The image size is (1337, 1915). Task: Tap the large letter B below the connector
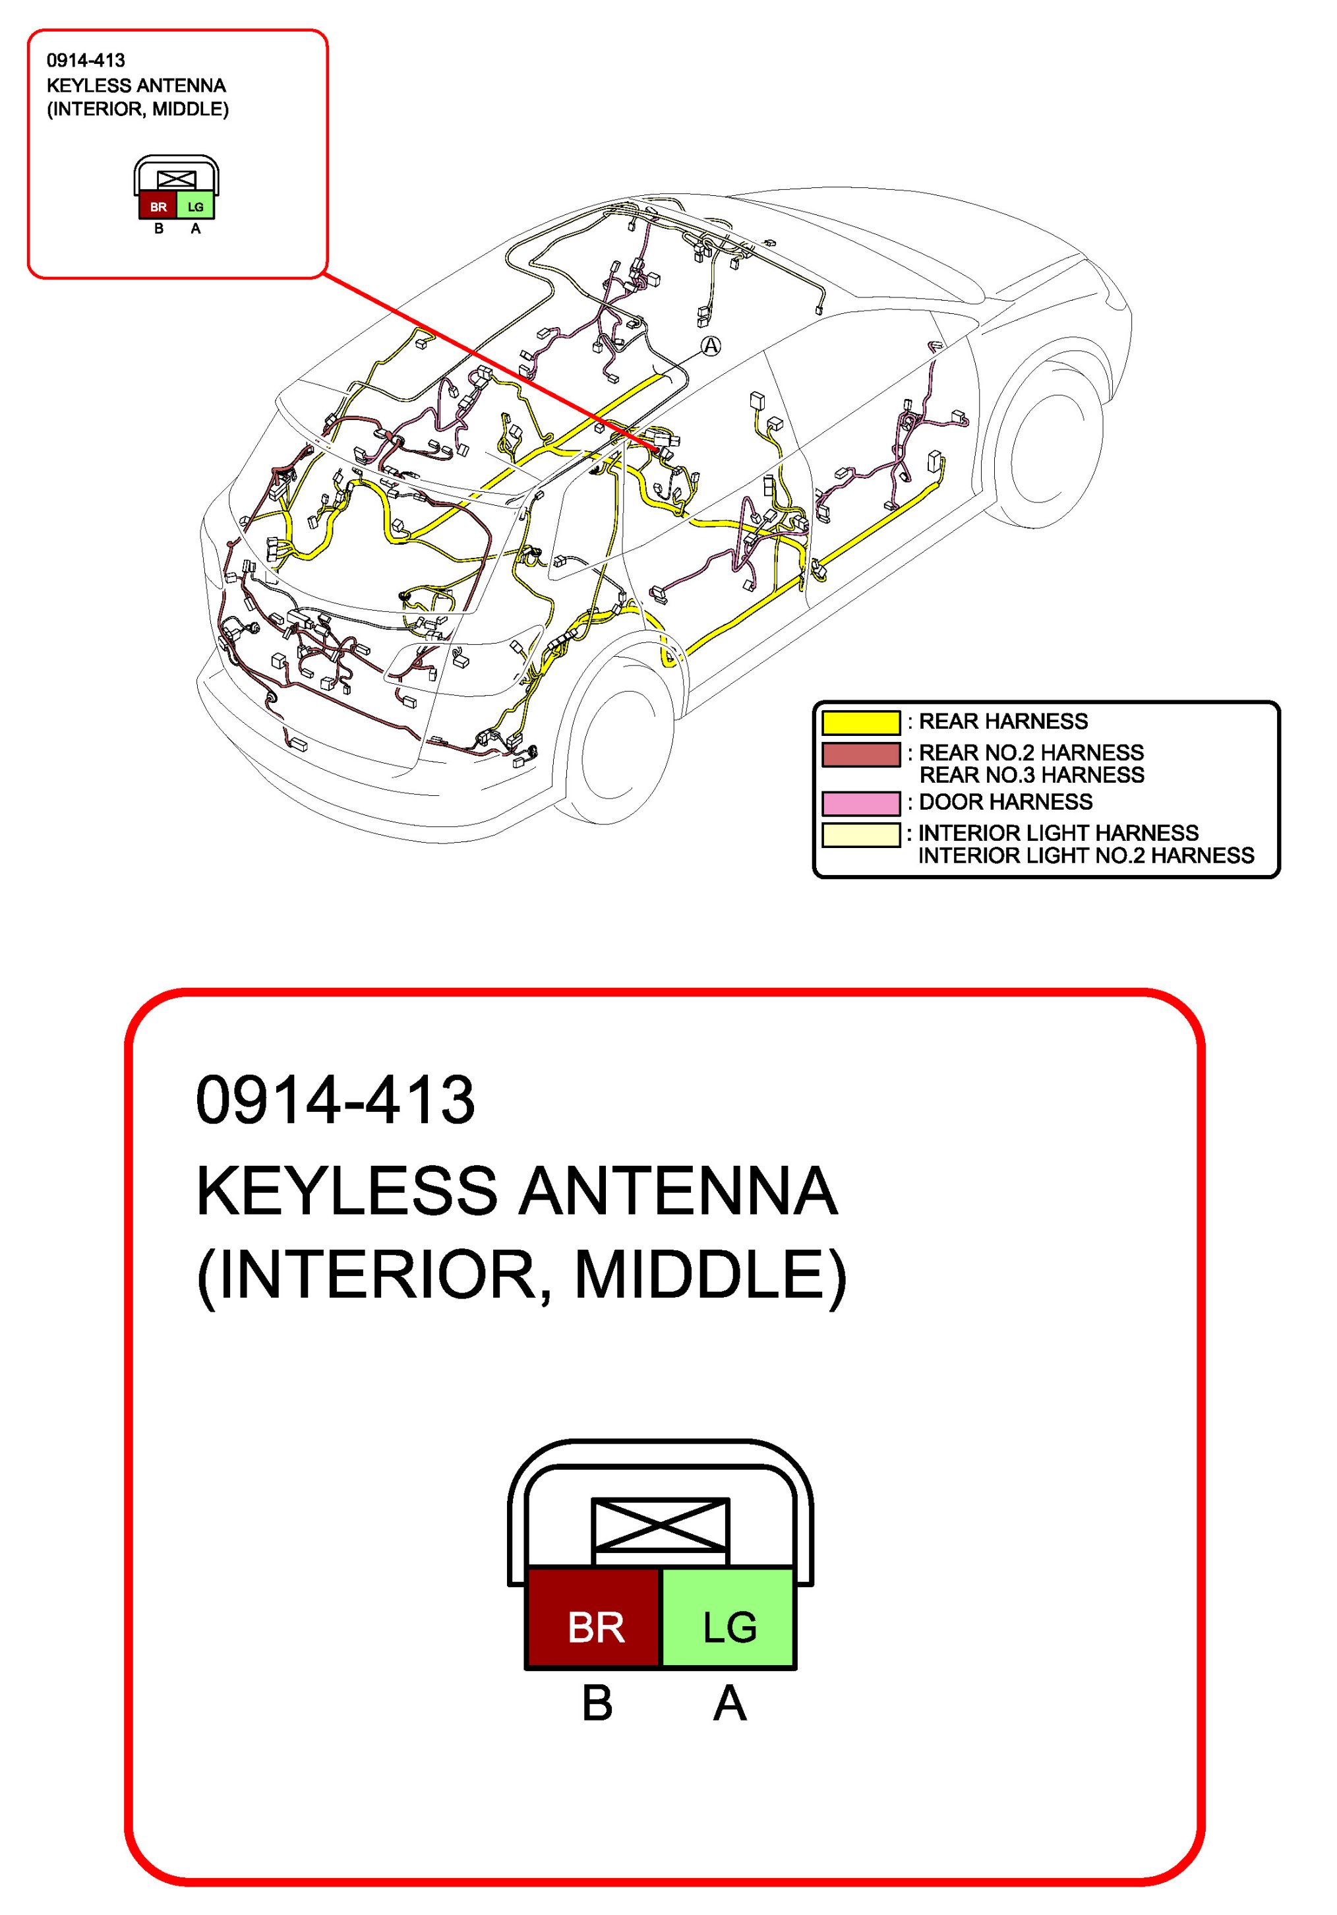point(597,1703)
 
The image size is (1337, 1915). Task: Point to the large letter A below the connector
point(730,1703)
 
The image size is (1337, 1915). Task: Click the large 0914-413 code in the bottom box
point(336,1100)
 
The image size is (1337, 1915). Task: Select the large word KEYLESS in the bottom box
point(347,1191)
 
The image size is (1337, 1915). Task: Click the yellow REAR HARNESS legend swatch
point(861,722)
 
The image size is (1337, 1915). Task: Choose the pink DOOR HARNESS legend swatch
point(861,803)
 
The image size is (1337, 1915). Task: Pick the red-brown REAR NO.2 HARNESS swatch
point(861,754)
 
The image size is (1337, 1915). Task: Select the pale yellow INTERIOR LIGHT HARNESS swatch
point(861,835)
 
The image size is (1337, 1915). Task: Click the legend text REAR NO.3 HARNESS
point(1031,775)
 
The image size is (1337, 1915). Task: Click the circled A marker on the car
point(710,346)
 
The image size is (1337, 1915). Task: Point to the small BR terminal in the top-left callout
point(158,206)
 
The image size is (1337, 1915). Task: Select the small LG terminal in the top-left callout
point(195,206)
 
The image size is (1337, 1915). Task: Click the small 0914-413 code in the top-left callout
point(86,60)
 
